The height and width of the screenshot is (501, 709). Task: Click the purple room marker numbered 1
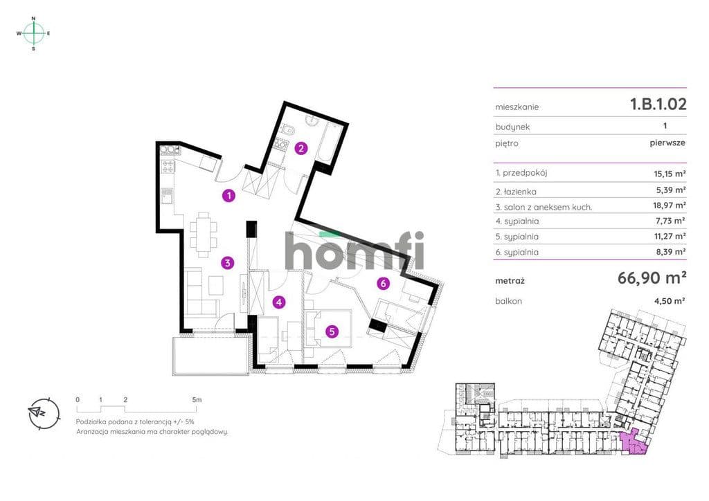(229, 196)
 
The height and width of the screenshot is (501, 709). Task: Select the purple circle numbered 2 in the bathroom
(301, 148)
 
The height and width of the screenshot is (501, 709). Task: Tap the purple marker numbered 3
(228, 262)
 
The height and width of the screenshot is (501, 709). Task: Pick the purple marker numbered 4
(279, 302)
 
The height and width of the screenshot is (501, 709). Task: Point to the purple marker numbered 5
(332, 331)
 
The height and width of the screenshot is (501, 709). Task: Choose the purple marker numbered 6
(384, 283)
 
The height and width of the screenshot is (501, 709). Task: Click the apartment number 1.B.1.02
(658, 104)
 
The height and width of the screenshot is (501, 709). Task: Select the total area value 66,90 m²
(652, 277)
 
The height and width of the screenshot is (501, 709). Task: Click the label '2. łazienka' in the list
(516, 192)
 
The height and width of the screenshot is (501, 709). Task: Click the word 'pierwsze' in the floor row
(667, 143)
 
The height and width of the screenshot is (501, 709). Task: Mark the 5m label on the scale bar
(197, 400)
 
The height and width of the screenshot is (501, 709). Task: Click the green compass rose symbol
(33, 33)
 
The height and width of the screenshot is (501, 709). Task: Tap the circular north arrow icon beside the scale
(44, 412)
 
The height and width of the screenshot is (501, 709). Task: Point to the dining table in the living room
(203, 234)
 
